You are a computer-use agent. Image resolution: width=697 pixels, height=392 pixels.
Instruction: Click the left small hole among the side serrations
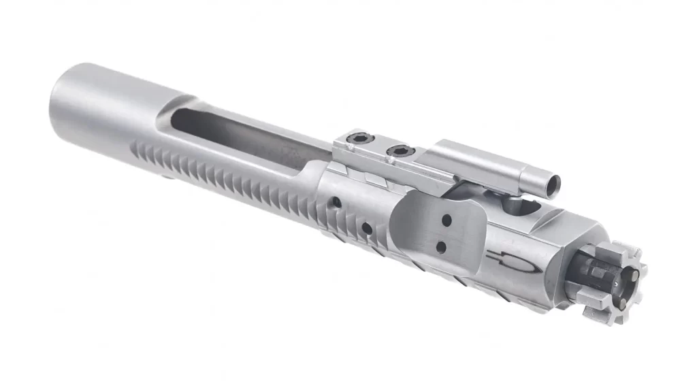336,201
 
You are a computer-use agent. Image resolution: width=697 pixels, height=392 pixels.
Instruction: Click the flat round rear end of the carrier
65,102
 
